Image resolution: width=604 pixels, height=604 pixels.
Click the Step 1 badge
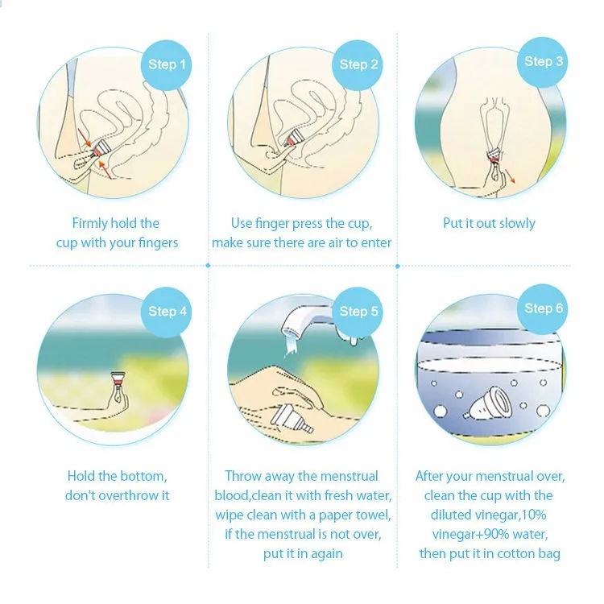point(166,65)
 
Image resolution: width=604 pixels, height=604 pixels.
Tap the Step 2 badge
point(357,65)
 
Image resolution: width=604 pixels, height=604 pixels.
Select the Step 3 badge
point(542,62)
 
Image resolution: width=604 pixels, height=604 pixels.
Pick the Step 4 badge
point(166,312)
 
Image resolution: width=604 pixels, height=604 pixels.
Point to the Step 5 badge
point(357,312)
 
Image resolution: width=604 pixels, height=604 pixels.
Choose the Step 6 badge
point(542,309)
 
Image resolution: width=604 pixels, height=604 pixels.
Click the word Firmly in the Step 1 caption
point(90,224)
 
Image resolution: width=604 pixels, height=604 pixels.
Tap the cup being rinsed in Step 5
point(292,419)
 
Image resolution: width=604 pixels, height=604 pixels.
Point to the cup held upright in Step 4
point(118,380)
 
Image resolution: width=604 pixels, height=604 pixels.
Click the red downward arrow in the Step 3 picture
point(510,176)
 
